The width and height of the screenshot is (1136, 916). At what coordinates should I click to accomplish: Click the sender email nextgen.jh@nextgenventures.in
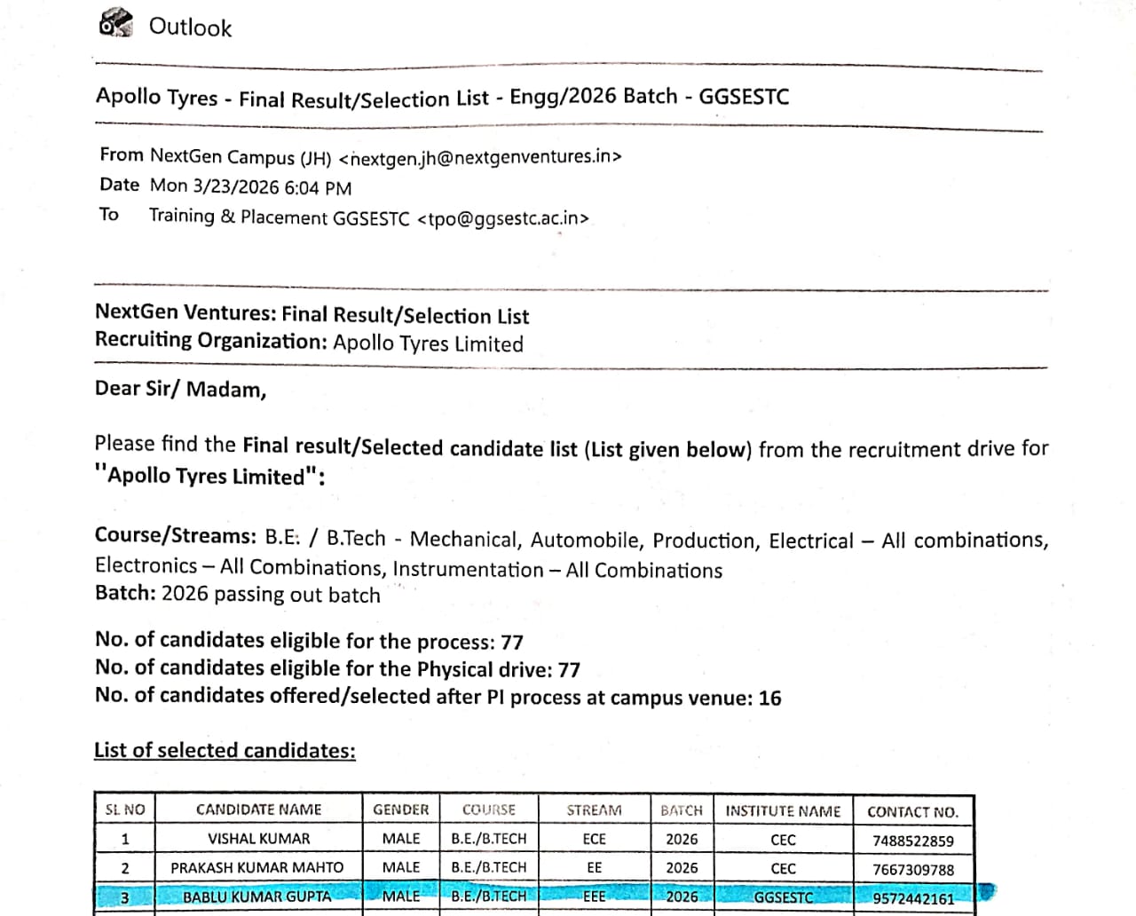480,157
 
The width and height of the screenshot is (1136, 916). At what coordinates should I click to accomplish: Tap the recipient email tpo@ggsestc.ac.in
502,218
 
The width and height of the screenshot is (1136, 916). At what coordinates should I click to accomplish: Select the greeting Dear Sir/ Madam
180,389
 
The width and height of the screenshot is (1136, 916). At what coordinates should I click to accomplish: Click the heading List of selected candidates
225,750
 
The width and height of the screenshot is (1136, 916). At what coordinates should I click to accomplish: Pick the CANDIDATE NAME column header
258,809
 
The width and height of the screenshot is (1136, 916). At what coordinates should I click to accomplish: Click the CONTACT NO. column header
912,811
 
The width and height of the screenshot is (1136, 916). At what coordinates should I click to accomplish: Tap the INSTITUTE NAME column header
782,810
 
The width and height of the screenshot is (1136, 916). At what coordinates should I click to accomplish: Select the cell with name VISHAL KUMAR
258,839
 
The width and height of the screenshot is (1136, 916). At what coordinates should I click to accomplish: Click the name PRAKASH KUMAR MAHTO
256,867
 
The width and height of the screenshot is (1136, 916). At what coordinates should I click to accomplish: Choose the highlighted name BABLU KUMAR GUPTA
256,896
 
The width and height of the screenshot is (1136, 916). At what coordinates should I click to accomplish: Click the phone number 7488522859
912,841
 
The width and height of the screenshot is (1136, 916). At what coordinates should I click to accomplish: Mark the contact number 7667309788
912,870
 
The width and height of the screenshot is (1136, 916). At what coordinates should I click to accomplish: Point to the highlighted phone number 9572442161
912,898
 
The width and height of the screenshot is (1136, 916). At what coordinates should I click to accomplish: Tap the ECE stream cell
594,839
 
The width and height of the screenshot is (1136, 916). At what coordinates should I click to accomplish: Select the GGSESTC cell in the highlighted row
783,897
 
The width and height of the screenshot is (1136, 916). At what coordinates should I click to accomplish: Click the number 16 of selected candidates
769,699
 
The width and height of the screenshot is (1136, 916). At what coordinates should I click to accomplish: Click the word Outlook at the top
190,28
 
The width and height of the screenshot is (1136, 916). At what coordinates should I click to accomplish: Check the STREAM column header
594,810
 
